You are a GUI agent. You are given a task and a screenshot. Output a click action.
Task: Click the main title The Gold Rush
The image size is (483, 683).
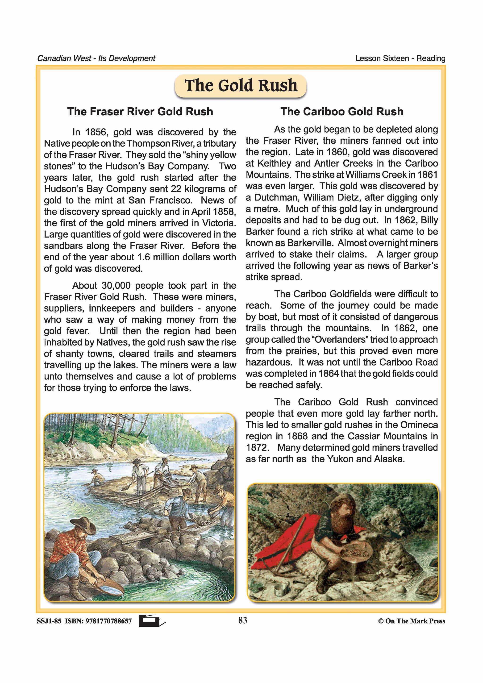point(241,86)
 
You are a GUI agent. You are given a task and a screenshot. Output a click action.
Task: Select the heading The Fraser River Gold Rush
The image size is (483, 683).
point(140,112)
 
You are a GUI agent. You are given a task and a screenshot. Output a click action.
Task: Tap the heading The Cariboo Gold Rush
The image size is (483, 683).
point(342,112)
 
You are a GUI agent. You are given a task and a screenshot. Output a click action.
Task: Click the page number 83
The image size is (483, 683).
point(243,620)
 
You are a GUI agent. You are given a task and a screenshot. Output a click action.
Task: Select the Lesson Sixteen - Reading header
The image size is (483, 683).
point(400,58)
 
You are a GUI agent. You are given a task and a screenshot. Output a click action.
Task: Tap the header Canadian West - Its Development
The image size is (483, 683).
point(96,58)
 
